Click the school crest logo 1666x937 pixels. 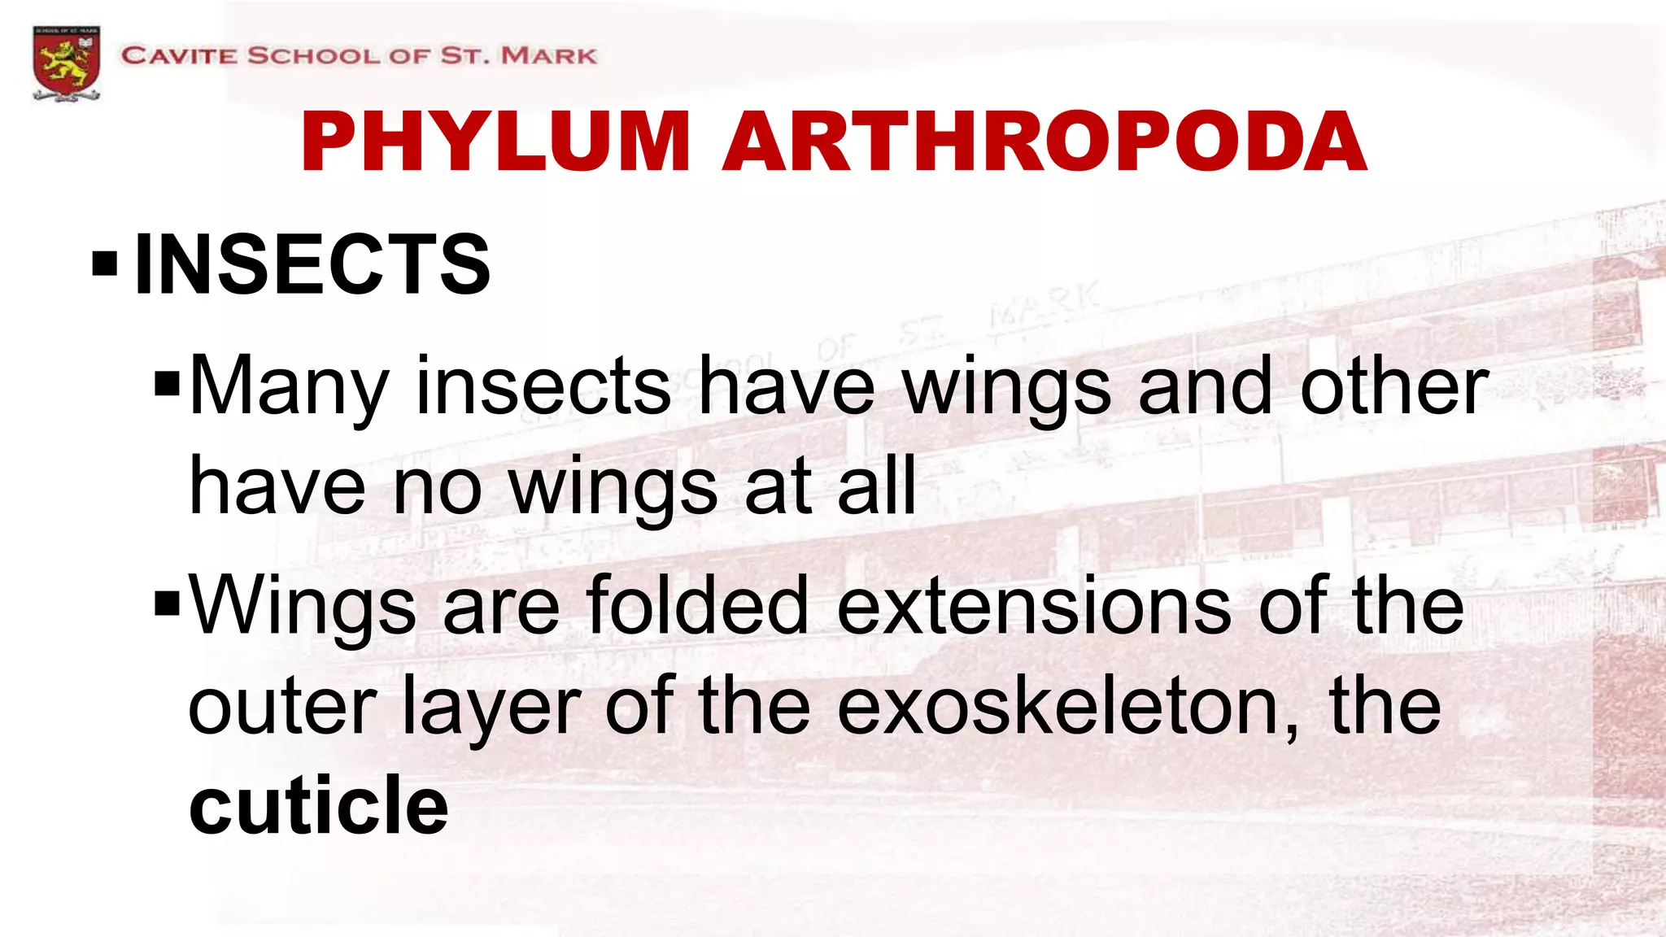(67, 63)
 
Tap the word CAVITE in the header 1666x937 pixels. (179, 56)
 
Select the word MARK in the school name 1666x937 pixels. (549, 56)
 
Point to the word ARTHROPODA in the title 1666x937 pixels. (1045, 142)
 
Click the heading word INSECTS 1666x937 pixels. (312, 264)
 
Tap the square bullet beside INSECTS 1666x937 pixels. (105, 264)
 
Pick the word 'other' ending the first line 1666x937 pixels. (1394, 387)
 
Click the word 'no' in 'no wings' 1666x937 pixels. (438, 488)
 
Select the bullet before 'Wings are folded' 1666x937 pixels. (167, 604)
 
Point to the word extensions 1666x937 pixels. (1034, 606)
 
